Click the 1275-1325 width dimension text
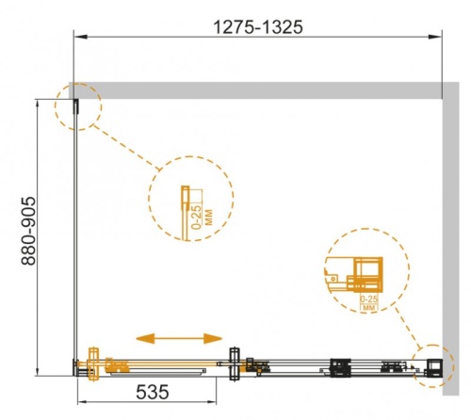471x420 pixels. pos(256,27)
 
